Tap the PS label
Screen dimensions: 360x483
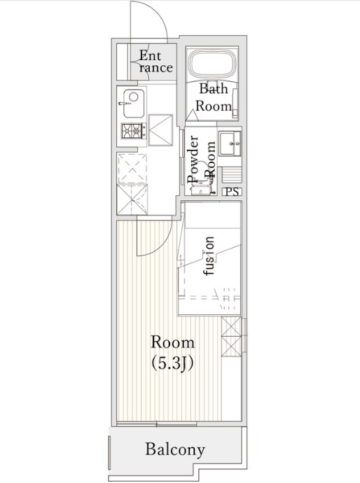pos(232,192)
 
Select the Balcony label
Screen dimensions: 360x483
pos(175,449)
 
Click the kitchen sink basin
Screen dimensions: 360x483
pos(134,103)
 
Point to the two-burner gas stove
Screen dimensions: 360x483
pos(134,131)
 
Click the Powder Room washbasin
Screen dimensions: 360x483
pos(230,143)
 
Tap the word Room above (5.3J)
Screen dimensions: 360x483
pos(172,343)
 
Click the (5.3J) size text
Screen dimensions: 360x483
pos(172,364)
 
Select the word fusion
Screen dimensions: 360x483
pos(209,256)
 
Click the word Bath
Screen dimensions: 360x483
pos(214,89)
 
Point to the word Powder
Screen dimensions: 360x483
pos(193,160)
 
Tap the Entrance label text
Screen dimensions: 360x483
pos(154,62)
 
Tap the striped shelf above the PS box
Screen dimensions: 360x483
pos(232,175)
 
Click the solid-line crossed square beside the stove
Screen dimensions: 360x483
pos(160,129)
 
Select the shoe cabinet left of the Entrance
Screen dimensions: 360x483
pos(123,62)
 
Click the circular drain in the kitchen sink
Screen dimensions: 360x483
pos(134,97)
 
